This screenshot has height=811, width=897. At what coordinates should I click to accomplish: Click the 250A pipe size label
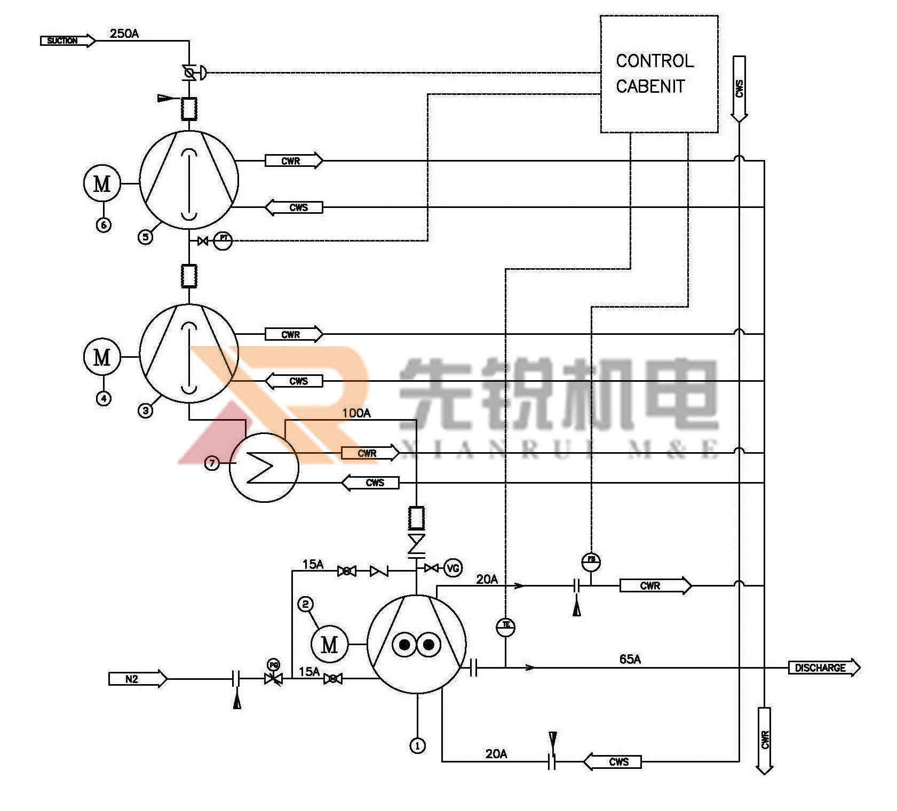click(124, 34)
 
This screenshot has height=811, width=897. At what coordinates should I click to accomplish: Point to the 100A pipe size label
click(356, 413)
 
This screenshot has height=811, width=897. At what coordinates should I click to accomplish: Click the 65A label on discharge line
click(630, 660)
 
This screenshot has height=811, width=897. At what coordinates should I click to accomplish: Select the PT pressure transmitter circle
click(223, 241)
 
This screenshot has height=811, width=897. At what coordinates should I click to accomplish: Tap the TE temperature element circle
click(505, 627)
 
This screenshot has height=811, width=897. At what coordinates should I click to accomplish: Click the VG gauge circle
click(453, 568)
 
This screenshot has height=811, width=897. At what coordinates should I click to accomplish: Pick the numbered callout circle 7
click(212, 463)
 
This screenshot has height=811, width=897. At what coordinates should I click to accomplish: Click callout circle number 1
click(417, 745)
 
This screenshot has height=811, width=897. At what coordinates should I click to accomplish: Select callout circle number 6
click(104, 225)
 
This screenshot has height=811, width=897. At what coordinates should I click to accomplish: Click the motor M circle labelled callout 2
click(329, 644)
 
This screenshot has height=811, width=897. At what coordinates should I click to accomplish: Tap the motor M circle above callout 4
click(102, 357)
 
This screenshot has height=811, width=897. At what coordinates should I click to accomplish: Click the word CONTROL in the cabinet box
click(655, 61)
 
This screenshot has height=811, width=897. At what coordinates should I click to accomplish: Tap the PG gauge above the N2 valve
click(273, 665)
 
